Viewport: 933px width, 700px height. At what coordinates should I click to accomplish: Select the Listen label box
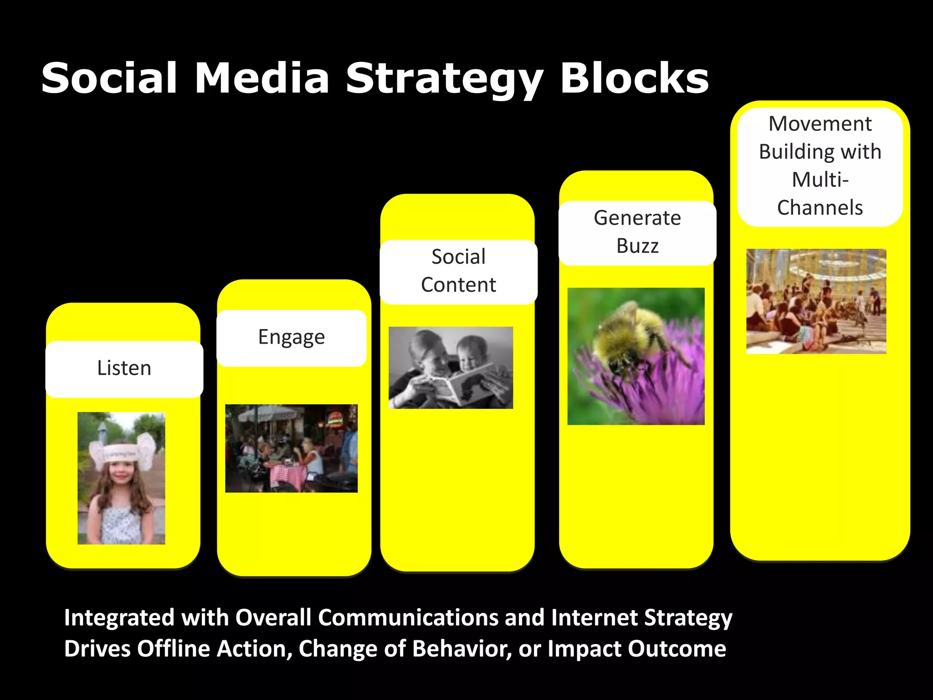[124, 369]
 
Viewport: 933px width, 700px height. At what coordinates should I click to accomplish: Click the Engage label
[292, 338]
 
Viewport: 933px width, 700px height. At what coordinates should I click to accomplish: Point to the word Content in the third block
[458, 285]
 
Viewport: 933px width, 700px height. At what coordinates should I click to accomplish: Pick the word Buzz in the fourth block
[637, 246]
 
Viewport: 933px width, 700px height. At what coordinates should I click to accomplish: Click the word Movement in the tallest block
[820, 124]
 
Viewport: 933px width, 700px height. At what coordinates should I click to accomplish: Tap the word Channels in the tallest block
[820, 208]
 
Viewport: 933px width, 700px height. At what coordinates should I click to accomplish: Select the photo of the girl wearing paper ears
[121, 478]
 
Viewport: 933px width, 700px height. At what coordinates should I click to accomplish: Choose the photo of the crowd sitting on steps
[816, 301]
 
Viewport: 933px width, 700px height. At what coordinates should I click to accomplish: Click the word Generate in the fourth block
[637, 218]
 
